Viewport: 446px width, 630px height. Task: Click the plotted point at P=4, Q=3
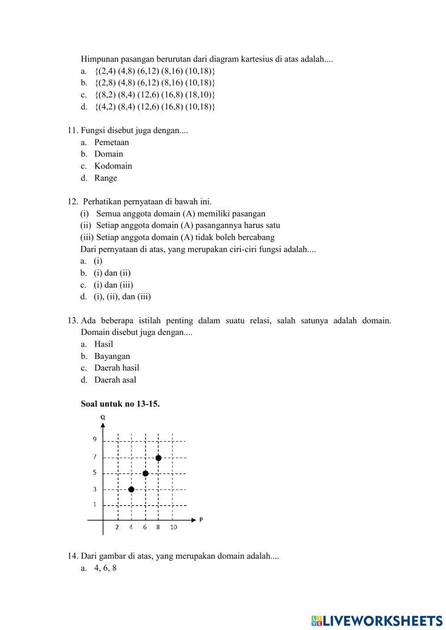click(131, 489)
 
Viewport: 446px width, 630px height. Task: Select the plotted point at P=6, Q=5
click(145, 473)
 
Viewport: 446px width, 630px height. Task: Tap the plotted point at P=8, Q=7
click(158, 458)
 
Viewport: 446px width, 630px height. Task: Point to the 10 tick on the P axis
click(173, 527)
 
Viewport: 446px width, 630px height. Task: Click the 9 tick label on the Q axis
click(95, 439)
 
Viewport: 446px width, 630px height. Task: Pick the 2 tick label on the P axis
click(117, 527)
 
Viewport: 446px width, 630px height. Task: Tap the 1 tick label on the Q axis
click(95, 504)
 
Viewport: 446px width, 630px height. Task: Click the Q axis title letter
click(103, 417)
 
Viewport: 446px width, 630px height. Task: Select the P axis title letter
click(201, 519)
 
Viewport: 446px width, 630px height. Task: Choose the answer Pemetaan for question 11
click(111, 142)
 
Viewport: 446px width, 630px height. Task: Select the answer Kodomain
click(113, 166)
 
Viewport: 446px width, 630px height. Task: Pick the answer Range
click(106, 178)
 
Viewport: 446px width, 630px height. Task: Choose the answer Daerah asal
click(115, 380)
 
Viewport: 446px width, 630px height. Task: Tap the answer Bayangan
click(112, 356)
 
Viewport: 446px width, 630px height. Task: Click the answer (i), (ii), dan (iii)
click(122, 296)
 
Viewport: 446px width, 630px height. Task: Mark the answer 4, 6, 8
click(105, 568)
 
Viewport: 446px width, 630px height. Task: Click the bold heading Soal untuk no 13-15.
click(120, 404)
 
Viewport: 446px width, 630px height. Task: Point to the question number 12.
click(73, 202)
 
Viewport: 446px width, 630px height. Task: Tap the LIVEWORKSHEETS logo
click(377, 621)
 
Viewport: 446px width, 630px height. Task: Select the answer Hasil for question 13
click(103, 344)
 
